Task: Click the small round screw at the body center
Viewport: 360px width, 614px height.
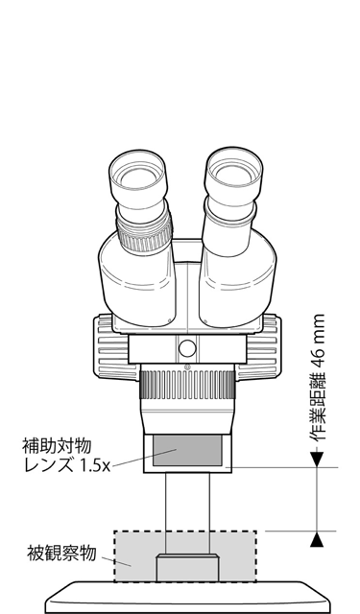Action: (x=187, y=347)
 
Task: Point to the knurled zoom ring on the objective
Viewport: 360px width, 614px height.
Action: (x=186, y=389)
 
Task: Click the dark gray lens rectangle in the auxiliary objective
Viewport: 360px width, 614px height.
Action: (x=187, y=449)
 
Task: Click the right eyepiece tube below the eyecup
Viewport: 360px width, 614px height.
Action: (x=228, y=230)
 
